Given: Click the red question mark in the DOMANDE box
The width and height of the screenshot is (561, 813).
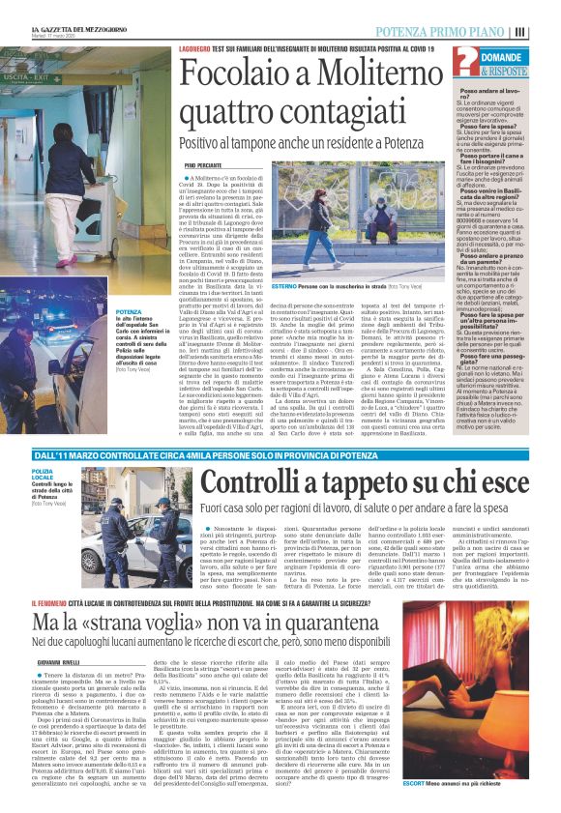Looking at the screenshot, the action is pos(464,64).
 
